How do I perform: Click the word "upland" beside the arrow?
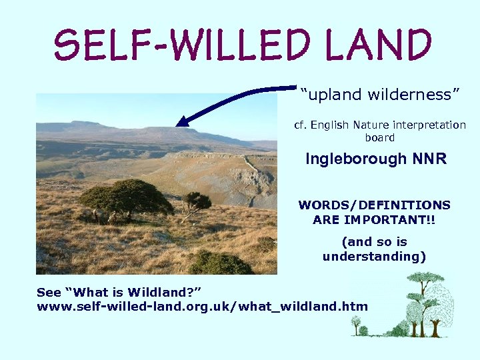[328, 95]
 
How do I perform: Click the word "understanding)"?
[374, 257]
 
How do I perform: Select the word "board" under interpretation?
[380, 138]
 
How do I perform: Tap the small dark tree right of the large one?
[196, 200]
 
